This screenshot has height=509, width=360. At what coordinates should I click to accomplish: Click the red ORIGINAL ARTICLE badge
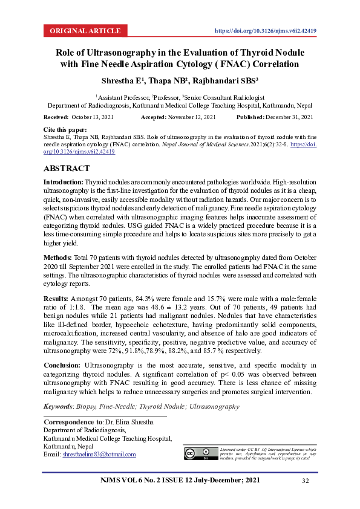coord(85,31)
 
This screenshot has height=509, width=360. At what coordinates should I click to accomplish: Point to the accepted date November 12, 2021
coord(192,117)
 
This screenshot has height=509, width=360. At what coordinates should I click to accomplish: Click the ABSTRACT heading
coord(67,168)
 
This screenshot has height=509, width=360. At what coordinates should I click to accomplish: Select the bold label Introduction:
coord(64,182)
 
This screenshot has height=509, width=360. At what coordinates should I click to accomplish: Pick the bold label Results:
coord(57,299)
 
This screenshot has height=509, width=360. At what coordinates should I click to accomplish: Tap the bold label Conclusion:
coord(62,366)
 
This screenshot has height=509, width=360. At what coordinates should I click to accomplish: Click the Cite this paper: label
coord(65,130)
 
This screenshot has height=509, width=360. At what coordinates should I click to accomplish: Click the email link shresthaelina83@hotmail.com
coord(99,454)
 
